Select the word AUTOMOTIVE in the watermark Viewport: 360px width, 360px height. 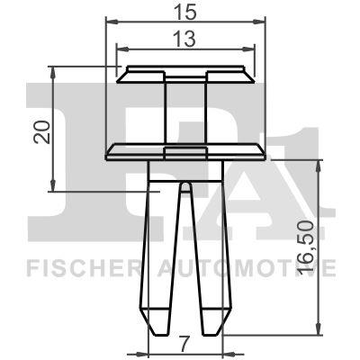(256, 267)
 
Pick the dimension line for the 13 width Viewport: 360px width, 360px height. (144, 49)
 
